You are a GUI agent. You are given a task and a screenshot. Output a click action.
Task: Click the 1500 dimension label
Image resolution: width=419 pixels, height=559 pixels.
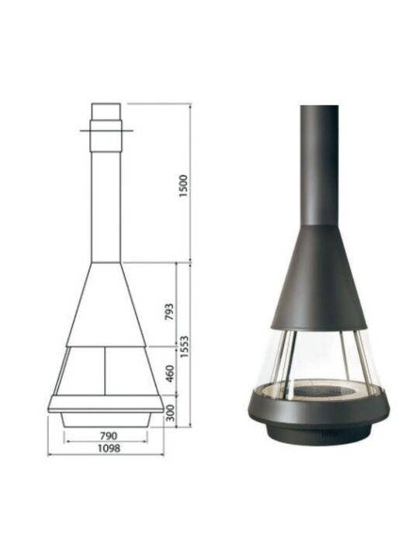click(x=183, y=186)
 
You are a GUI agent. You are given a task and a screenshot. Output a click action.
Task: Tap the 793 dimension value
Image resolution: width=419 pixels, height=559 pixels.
click(x=170, y=311)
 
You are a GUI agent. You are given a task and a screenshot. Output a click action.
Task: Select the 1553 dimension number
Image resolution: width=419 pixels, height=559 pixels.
click(x=184, y=346)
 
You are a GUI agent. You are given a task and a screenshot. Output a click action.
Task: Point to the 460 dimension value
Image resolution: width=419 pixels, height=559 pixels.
click(x=170, y=373)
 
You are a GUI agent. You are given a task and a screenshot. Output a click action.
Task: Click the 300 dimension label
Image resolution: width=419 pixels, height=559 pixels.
click(x=171, y=412)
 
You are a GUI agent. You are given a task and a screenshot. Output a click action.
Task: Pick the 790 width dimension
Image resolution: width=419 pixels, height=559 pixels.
click(x=108, y=436)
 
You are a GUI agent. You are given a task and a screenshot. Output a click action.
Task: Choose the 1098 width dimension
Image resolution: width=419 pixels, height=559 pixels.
click(x=109, y=448)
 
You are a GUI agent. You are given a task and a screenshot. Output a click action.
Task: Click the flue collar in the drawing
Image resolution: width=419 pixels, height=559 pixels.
click(x=106, y=136)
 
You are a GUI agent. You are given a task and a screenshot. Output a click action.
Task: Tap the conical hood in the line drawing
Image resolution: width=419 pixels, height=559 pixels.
click(x=106, y=304)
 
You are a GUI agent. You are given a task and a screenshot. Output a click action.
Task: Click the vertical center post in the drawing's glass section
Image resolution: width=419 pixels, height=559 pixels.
click(x=105, y=371)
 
